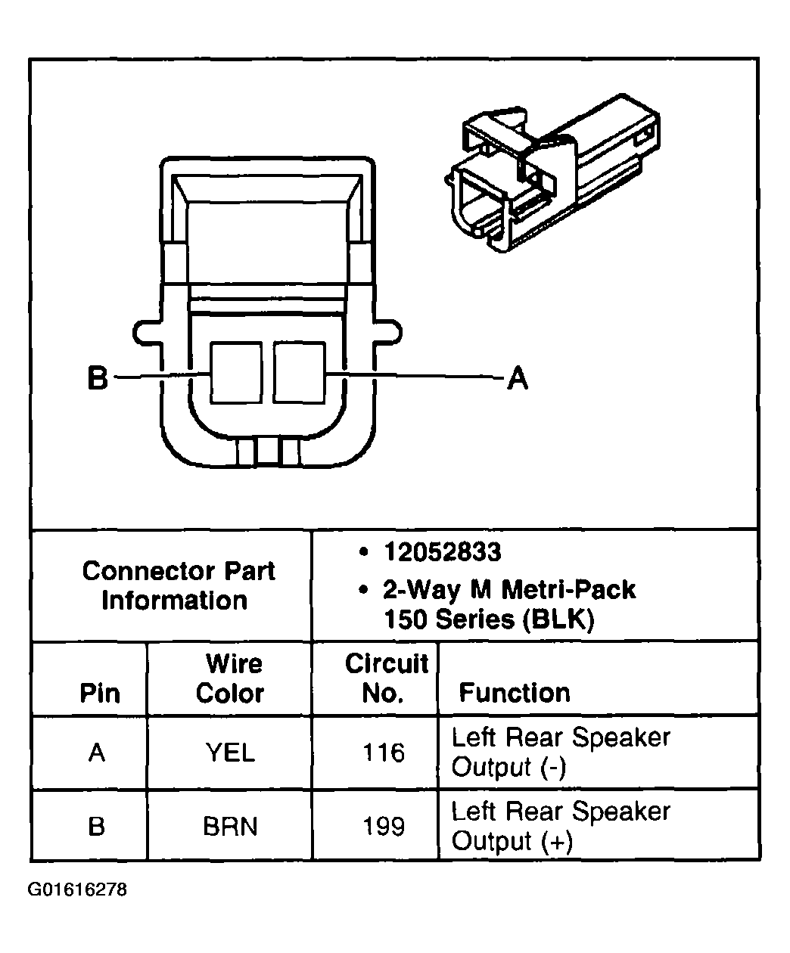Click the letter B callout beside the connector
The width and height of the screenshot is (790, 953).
tap(98, 377)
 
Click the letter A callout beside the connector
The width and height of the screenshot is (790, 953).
tap(517, 377)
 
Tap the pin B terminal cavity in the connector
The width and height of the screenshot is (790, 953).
tap(236, 372)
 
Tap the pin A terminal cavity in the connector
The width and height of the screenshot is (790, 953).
tap(299, 372)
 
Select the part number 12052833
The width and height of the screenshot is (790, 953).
tap(442, 553)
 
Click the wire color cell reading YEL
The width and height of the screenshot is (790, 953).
tap(230, 753)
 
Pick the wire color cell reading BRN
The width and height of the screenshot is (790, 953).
tap(230, 826)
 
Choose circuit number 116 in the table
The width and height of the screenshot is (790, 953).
tap(384, 753)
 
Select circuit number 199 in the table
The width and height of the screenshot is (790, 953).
tap(384, 826)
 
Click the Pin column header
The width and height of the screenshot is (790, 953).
tap(99, 693)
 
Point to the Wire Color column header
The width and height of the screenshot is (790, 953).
tap(230, 678)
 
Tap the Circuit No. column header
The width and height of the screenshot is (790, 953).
tap(385, 678)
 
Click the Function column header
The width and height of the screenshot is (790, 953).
tap(515, 693)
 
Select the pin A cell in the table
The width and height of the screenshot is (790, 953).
tap(97, 753)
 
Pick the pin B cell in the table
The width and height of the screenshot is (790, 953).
tap(97, 826)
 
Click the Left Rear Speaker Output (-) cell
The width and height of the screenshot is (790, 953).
tap(560, 752)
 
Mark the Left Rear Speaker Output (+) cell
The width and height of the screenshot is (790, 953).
tap(560, 826)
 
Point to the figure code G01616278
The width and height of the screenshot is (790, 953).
tap(78, 889)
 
